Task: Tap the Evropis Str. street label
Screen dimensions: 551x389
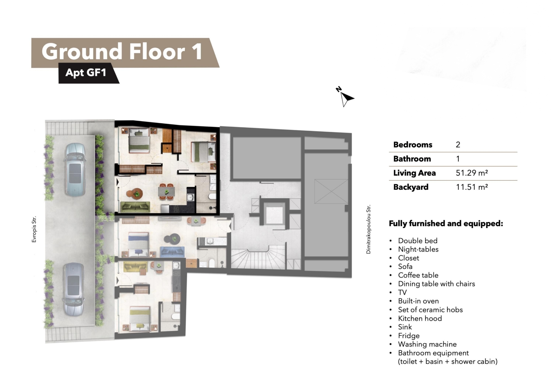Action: pos(34,229)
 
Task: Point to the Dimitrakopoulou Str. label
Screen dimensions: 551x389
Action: pos(368,229)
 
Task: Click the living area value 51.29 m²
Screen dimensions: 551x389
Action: pos(472,173)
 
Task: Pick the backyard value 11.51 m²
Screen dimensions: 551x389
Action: pos(472,187)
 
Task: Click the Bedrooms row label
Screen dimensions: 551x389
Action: pos(413,145)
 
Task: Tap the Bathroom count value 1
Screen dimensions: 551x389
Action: pos(458,159)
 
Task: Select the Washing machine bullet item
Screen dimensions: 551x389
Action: pos(427,344)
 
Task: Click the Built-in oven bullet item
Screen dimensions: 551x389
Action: pos(418,301)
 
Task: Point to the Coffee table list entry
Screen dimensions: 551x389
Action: pos(418,275)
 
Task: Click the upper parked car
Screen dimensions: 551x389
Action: pos(75,169)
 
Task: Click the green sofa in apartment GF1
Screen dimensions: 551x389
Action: pos(135,207)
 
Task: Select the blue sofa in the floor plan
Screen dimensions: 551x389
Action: pos(172,252)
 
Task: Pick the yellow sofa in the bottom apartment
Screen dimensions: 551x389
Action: pos(135,267)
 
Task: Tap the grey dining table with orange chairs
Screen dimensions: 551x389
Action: pos(166,191)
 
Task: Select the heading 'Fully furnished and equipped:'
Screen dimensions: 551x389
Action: pos(446,223)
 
